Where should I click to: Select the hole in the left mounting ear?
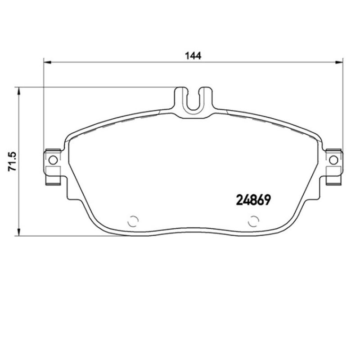coord(53,160)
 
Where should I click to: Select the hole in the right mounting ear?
coord(333,160)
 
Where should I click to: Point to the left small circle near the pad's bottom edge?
coord(133,221)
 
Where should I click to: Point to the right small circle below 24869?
coord(253,221)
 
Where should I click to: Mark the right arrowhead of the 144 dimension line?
coord(339,63)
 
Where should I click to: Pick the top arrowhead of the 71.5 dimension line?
coord(18,90)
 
